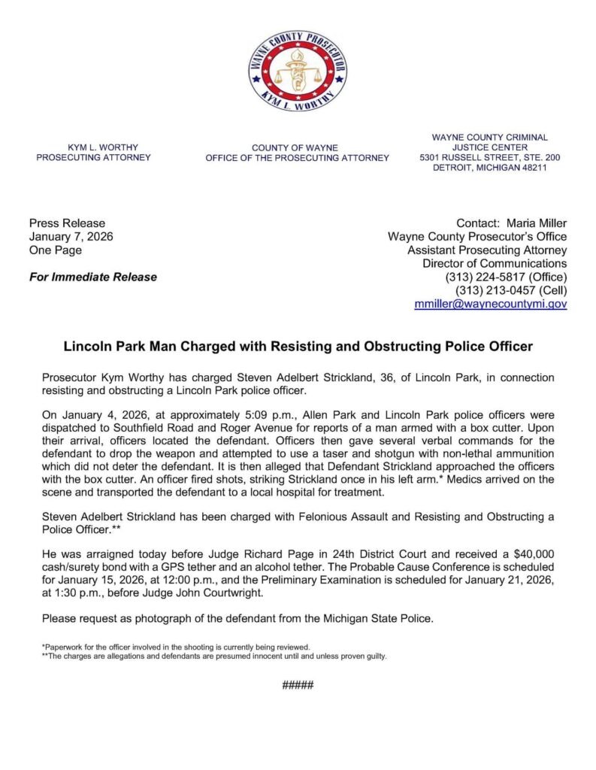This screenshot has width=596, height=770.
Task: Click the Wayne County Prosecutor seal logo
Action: pyautogui.click(x=298, y=71)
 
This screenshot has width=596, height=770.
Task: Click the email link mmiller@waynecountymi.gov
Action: pyautogui.click(x=491, y=305)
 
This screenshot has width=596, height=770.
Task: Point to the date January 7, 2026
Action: pyautogui.click(x=71, y=237)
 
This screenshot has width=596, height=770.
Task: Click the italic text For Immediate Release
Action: pyautogui.click(x=92, y=277)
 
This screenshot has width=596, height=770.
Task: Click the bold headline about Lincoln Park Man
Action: pyautogui.click(x=298, y=347)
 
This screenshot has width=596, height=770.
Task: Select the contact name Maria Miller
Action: pyautogui.click(x=537, y=223)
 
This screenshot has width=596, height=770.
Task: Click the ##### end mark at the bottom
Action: pyautogui.click(x=298, y=685)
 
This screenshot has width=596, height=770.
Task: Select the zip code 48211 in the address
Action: pyautogui.click(x=531, y=168)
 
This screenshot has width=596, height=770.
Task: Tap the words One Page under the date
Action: pyautogui.click(x=55, y=250)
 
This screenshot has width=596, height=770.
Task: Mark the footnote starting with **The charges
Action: pyautogui.click(x=214, y=656)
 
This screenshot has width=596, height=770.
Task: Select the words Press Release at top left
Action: pyautogui.click(x=67, y=223)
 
